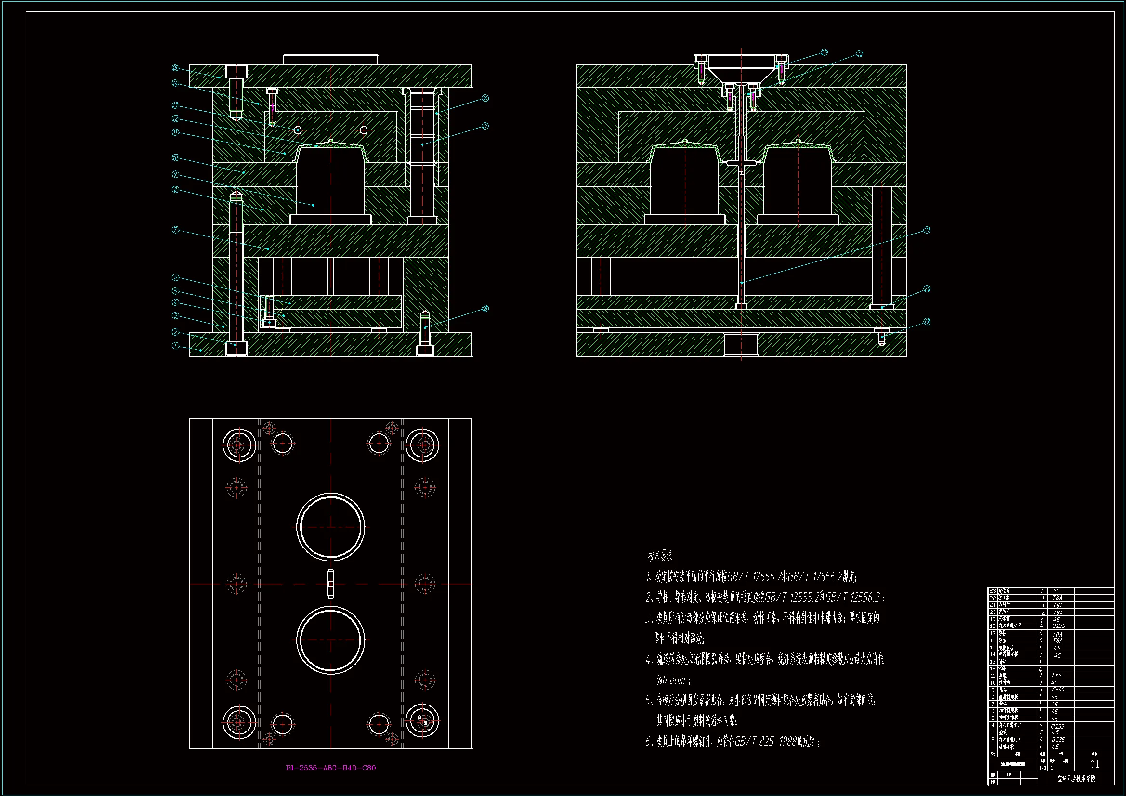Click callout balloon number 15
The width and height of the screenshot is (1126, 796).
175,68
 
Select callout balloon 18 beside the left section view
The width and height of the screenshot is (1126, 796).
485,309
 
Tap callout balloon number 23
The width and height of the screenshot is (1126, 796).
824,52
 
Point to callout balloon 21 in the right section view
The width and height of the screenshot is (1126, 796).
927,230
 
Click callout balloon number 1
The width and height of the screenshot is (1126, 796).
175,346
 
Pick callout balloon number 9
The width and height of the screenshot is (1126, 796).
175,175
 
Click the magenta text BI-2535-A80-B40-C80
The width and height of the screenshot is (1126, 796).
330,768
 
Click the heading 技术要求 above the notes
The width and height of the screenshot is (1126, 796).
660,556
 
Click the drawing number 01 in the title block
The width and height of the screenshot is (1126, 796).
1095,764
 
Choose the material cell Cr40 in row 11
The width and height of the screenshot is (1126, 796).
1058,675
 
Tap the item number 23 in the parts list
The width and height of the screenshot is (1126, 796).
993,591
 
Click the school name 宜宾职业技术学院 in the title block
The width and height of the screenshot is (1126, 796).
1076,778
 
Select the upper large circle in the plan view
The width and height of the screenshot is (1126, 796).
330,527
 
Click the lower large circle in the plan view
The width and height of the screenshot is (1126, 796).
330,640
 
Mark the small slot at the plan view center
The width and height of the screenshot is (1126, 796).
330,584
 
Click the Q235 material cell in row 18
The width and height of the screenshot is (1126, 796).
1058,626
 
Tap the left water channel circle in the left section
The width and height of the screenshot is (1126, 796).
298,130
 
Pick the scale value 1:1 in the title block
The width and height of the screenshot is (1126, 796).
1043,768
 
